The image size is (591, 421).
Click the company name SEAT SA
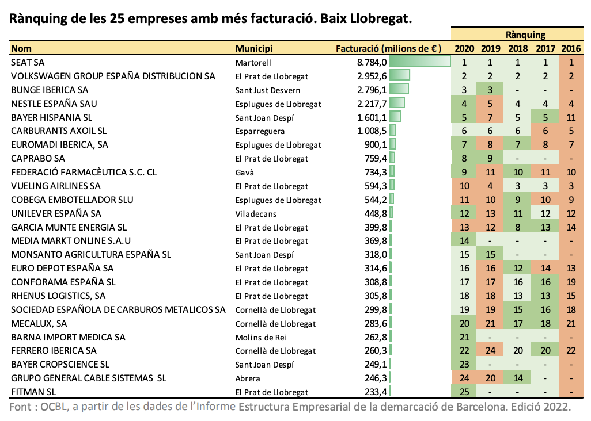click(x=28, y=63)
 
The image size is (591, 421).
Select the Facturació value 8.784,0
click(x=372, y=63)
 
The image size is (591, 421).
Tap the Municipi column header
click(x=253, y=48)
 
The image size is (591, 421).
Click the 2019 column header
click(x=490, y=48)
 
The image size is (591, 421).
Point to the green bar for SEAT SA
click(x=420, y=62)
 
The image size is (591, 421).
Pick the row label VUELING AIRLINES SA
click(x=56, y=186)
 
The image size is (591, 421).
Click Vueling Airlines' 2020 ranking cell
click(x=464, y=186)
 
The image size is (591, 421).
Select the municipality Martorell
click(x=253, y=63)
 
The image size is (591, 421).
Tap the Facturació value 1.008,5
click(x=372, y=131)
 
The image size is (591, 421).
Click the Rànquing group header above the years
click(x=525, y=35)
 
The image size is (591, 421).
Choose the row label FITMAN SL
click(x=33, y=392)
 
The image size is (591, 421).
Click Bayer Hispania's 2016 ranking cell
click(x=571, y=118)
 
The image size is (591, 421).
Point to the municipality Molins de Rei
click(x=260, y=338)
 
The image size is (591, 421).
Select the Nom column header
click(x=21, y=48)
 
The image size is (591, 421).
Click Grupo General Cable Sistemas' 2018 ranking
click(x=518, y=378)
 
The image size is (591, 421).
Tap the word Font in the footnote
click(x=20, y=407)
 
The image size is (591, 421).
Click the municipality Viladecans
click(x=256, y=214)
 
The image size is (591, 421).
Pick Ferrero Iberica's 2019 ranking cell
click(x=490, y=351)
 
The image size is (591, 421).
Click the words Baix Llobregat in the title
click(x=366, y=18)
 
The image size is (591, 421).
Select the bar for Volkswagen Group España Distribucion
click(x=400, y=75)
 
